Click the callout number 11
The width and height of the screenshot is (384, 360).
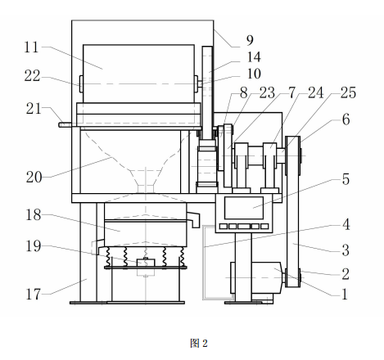point(31,47)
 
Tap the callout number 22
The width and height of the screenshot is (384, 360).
point(32,76)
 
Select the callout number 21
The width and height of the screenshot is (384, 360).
point(34,109)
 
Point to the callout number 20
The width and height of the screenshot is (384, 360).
point(34,177)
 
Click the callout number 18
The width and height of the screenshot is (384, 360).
point(34,214)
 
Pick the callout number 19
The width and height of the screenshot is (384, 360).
point(34,245)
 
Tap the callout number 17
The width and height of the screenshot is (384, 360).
point(33,295)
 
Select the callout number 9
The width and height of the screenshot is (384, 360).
point(250,40)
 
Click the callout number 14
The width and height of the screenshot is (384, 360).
point(254,57)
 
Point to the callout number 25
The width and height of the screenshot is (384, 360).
point(348,92)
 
